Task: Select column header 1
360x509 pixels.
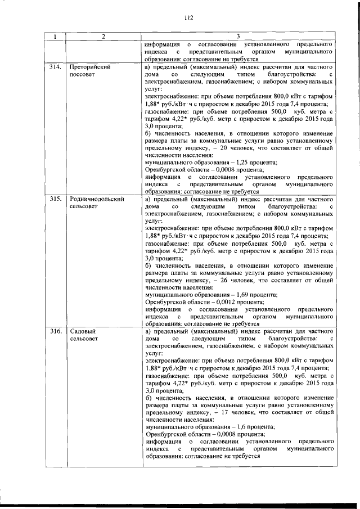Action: [55, 37]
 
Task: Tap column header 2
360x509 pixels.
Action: [103, 37]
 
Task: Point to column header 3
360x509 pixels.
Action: [238, 37]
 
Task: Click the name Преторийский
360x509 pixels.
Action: [89, 66]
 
